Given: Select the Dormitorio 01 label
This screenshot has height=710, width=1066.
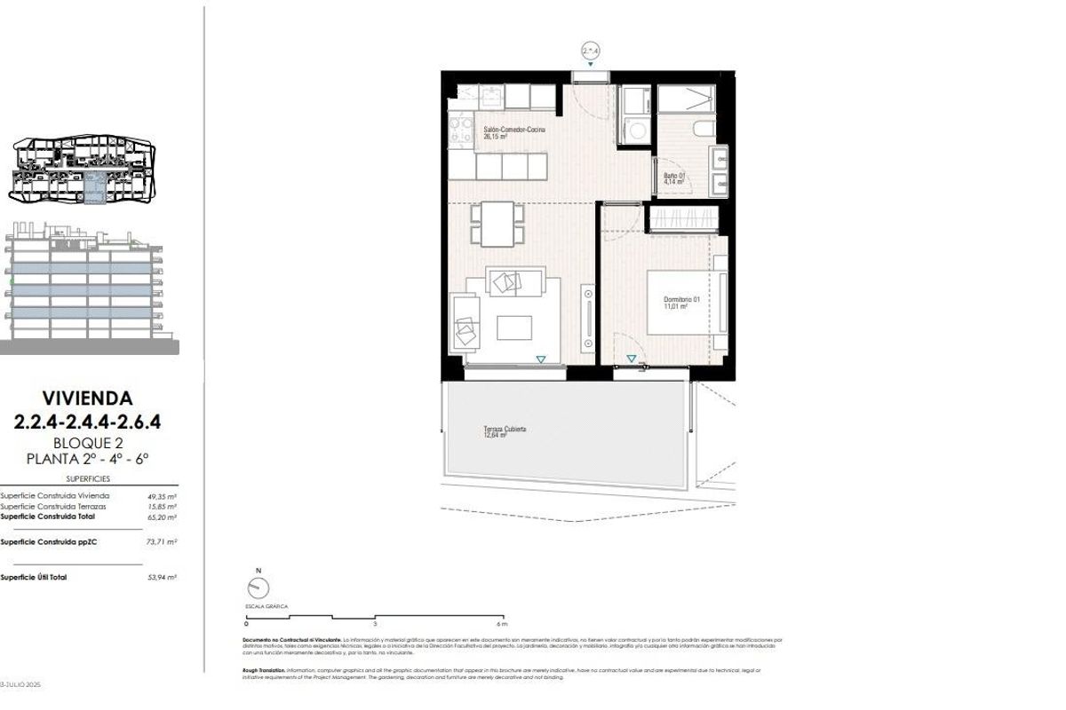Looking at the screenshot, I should coord(682,303).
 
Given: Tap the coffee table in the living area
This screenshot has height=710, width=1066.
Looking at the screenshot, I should coord(515,327).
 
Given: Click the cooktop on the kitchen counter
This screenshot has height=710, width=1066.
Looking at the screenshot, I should coord(461,131).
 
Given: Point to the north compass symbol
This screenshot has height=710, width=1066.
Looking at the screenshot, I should coord(259,587).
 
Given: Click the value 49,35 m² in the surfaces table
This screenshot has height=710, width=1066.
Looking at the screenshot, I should coord(162,496).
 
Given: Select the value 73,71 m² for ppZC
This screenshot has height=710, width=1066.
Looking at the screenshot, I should coord(162,540).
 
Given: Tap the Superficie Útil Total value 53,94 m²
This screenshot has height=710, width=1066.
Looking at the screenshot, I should coord(162,577).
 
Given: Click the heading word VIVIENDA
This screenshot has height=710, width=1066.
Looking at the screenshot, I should coord(87,398).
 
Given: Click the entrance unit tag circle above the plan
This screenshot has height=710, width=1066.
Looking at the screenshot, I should coord(591,52).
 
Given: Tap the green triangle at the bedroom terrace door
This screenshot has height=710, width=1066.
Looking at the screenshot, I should coord(631,359).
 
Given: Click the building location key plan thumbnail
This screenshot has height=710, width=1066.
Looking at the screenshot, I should coord(84,170).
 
